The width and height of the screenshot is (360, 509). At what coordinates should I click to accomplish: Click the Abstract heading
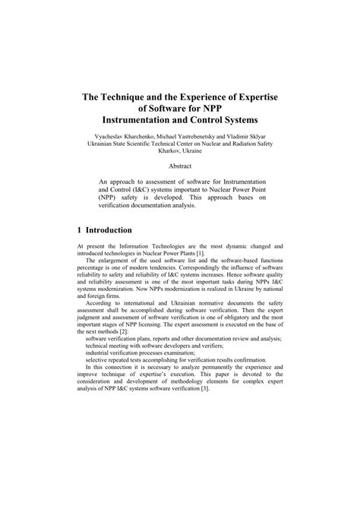(x=180, y=166)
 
